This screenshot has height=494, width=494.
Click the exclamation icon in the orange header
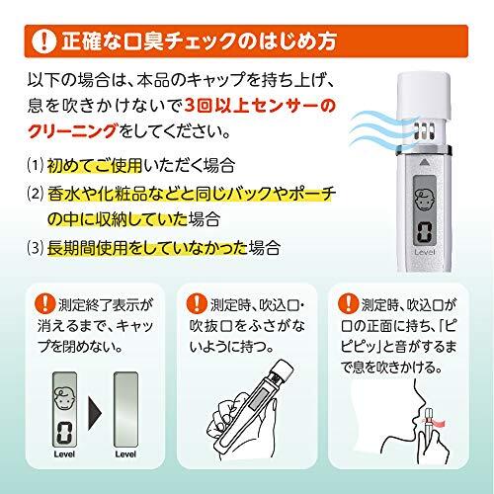(x=43, y=41)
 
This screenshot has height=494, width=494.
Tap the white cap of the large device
(x=424, y=97)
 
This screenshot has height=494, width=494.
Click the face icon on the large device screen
(x=425, y=200)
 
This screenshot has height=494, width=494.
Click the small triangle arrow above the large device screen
(x=424, y=162)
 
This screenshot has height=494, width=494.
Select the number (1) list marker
(x=36, y=165)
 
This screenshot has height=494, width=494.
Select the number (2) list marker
(x=36, y=194)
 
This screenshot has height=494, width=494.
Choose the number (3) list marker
(x=36, y=248)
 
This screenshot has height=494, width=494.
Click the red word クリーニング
(x=72, y=131)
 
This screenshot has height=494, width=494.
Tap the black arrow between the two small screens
(x=95, y=413)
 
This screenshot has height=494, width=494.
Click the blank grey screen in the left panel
(x=125, y=409)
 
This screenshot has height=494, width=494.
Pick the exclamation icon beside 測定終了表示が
(x=45, y=303)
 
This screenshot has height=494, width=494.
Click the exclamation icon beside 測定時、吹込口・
(x=197, y=303)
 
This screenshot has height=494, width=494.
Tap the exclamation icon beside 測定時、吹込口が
(x=348, y=303)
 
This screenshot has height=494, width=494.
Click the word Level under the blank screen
(x=125, y=454)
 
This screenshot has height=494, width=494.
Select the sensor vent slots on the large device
(x=424, y=131)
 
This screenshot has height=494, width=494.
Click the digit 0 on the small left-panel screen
(x=64, y=433)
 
